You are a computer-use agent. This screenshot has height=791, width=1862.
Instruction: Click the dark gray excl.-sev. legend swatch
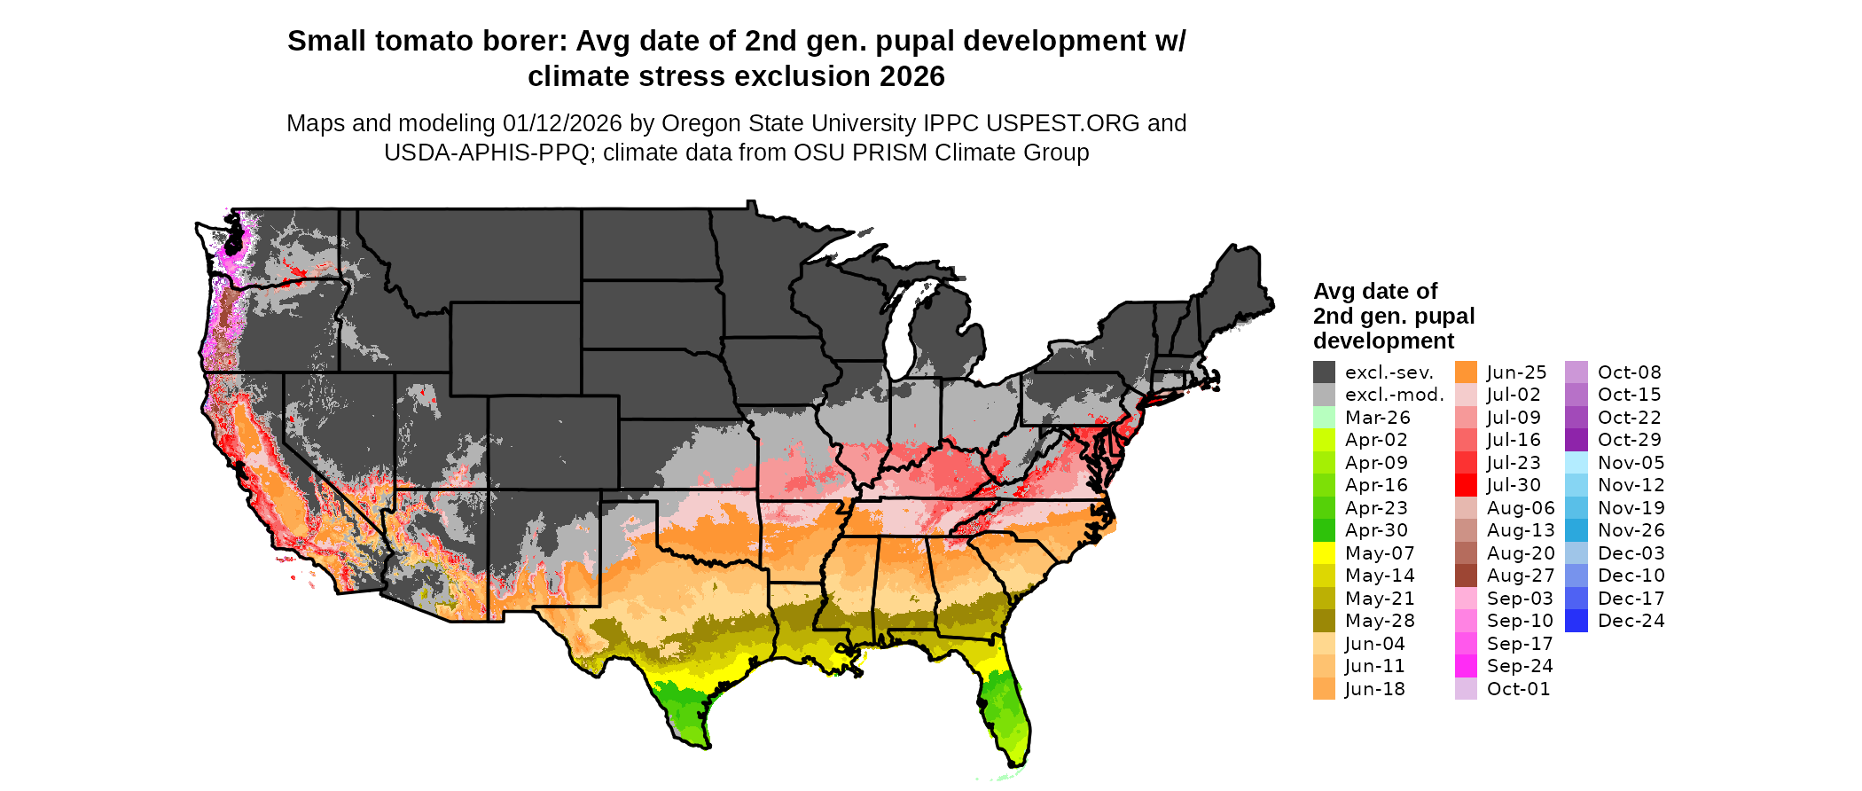pos(1324,372)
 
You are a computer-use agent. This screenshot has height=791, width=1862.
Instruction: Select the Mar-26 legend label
pos(1377,418)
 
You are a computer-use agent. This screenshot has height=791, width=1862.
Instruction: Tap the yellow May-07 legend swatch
pos(1324,553)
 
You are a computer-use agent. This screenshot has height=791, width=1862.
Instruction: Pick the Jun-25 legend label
pos(1516,372)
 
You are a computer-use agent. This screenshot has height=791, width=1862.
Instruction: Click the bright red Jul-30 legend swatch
pos(1466,485)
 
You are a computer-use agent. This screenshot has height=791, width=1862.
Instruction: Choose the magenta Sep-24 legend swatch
pos(1466,666)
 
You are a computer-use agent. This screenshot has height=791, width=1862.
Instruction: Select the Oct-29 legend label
pos(1629,440)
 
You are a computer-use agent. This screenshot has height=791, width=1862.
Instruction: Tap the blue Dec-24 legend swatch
pos(1576,621)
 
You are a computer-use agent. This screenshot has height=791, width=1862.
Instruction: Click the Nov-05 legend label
pos(1631,463)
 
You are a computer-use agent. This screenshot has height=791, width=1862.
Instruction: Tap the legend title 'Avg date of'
pos(1374,292)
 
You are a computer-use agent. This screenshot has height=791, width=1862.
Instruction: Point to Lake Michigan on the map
pos(902,333)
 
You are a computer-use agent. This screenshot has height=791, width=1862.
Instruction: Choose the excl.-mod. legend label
pos(1394,395)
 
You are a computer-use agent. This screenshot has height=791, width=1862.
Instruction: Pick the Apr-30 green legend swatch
pos(1324,530)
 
